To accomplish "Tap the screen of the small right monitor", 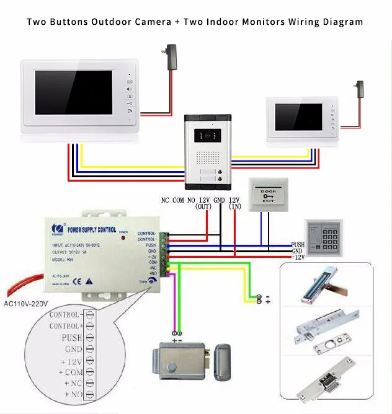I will (298, 117).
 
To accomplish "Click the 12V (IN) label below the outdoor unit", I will (234, 204).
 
